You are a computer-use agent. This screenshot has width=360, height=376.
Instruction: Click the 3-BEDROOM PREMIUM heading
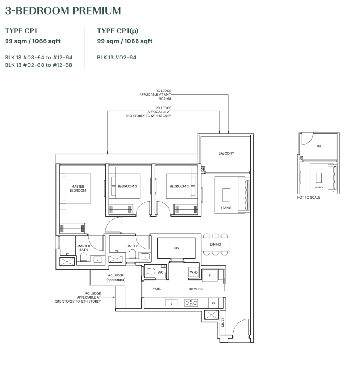[63, 11]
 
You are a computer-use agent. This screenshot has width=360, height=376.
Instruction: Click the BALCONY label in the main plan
[226, 153]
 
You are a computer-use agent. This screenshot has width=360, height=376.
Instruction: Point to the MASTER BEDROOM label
[78, 188]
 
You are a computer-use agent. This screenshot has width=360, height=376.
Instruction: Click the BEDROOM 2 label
[127, 186]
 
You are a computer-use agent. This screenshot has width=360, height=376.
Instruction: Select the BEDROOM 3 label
[179, 186]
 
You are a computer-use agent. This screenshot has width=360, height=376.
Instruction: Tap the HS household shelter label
[176, 248]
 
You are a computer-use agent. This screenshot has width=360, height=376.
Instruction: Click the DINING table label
[216, 244]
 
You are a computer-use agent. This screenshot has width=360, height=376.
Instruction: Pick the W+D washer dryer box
[194, 272]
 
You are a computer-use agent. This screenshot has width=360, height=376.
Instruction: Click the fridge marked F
[210, 275]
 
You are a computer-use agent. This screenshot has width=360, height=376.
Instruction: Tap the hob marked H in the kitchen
[191, 303]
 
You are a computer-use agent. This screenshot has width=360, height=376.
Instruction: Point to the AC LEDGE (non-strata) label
[116, 277]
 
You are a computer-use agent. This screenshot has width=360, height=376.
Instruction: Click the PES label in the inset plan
[318, 146]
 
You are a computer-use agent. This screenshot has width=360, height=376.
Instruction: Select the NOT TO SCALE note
[309, 198]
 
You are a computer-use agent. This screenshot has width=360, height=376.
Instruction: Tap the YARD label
[157, 289]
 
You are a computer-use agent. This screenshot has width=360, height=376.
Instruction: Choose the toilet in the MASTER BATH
[83, 257]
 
